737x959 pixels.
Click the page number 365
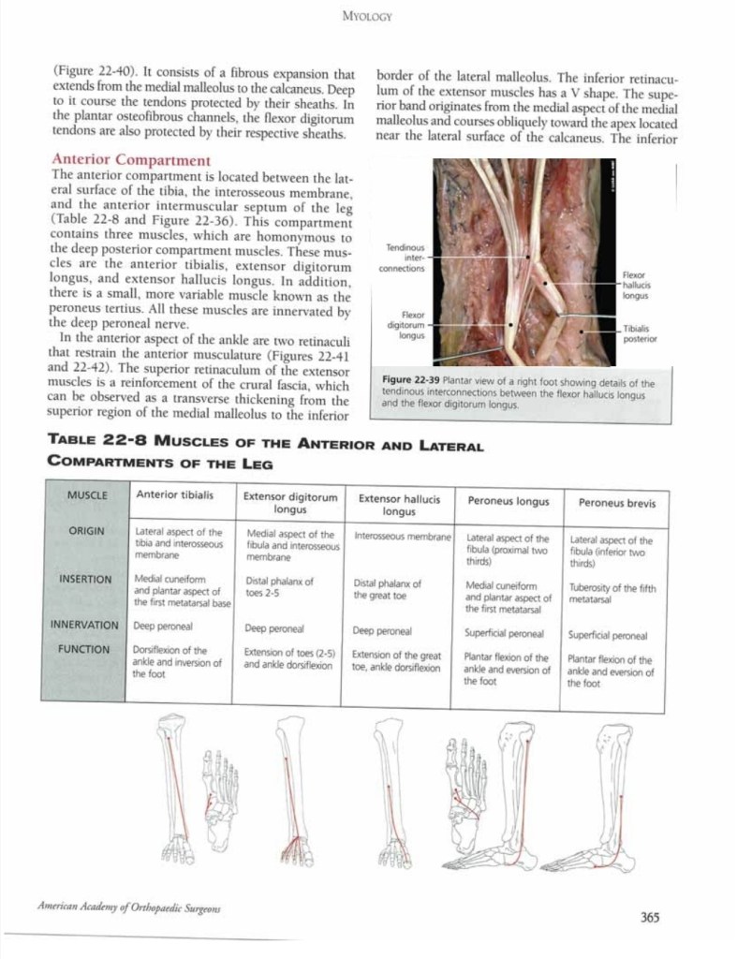pyautogui.click(x=650, y=917)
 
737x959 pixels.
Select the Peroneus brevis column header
pyautogui.click(x=616, y=503)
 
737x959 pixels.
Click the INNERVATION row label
pyautogui.click(x=84, y=624)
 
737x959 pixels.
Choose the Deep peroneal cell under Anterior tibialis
pyautogui.click(x=163, y=624)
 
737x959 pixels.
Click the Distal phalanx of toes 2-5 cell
pyautogui.click(x=277, y=586)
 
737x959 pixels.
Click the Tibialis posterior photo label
pyautogui.click(x=640, y=333)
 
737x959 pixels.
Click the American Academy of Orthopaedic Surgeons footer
pyautogui.click(x=130, y=907)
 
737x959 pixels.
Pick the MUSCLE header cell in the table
pyautogui.click(x=88, y=494)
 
